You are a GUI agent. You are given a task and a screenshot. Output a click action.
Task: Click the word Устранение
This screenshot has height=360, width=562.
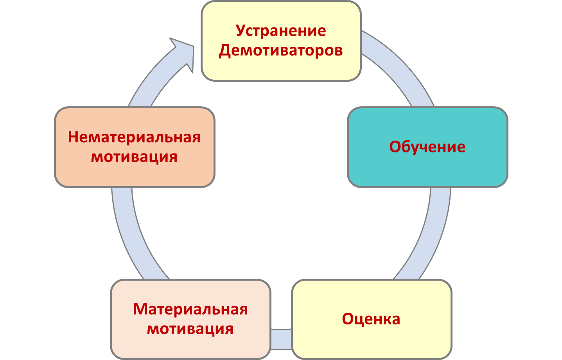[281, 31]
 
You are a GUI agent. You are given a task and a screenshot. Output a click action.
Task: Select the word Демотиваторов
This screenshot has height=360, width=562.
[281, 50]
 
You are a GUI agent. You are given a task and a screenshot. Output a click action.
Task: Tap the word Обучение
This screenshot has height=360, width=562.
[427, 147]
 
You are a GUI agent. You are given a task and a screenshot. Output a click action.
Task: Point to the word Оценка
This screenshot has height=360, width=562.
[371, 319]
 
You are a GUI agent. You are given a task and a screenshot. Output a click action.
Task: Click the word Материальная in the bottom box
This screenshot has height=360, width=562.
[190, 309]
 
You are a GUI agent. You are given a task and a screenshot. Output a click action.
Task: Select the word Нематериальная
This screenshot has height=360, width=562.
[134, 137]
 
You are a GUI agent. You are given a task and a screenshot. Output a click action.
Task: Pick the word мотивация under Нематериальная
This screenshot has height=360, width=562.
[134, 157]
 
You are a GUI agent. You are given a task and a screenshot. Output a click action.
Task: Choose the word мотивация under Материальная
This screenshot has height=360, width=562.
[190, 329]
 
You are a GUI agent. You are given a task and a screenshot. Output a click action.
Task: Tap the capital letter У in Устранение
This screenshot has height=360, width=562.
[240, 31]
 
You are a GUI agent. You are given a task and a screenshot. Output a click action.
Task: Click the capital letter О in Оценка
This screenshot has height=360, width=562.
[348, 319]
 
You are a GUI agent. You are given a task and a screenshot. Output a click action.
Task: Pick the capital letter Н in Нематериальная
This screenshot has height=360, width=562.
[73, 137]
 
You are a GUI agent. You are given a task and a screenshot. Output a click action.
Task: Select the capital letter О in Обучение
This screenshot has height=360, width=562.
[395, 147]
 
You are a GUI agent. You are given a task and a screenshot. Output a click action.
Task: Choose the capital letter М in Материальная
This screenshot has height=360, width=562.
[140, 309]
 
